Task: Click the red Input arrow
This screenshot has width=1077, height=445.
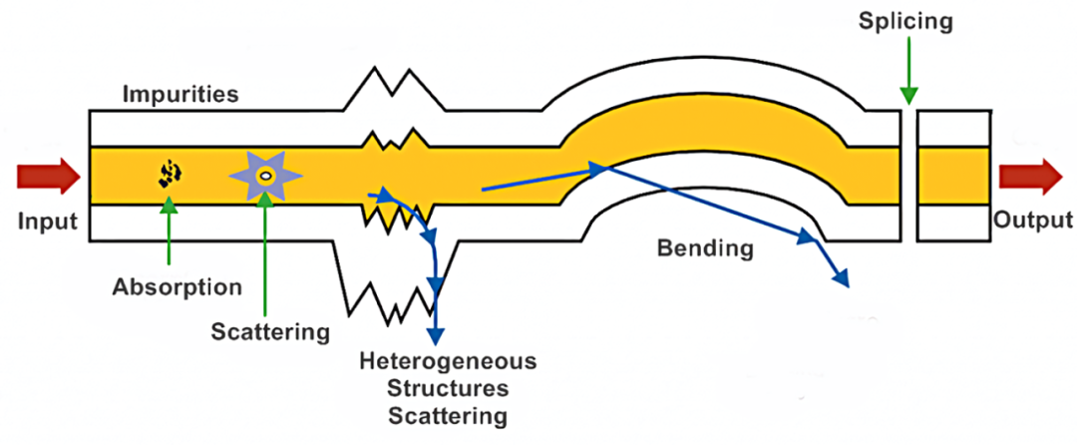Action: click(x=48, y=176)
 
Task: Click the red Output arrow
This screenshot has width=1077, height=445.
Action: click(x=1030, y=176)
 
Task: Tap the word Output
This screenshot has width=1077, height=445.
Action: click(x=1032, y=221)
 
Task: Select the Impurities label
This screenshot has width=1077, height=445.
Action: click(x=180, y=96)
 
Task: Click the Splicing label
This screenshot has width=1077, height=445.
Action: click(x=905, y=19)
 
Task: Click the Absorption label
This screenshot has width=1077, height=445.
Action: click(x=178, y=287)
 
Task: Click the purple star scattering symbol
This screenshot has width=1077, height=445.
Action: click(x=265, y=176)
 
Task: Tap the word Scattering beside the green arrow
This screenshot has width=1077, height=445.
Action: click(x=269, y=331)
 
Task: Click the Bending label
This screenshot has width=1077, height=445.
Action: click(x=704, y=247)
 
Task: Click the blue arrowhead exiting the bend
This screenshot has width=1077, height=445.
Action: click(x=842, y=277)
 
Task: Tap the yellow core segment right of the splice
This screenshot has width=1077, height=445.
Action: click(x=953, y=176)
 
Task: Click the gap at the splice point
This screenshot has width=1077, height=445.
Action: click(x=908, y=176)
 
